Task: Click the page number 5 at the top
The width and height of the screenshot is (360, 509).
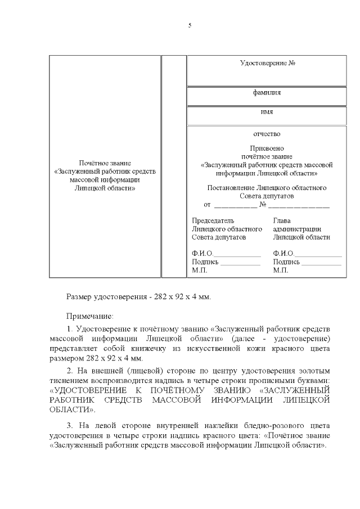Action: coord(190,26)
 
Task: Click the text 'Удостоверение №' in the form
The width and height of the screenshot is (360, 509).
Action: coord(267,62)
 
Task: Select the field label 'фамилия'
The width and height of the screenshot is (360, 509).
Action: coord(267,93)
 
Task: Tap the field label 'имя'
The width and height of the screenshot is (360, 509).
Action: coord(267,112)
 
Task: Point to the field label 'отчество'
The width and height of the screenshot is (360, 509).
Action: coord(267,134)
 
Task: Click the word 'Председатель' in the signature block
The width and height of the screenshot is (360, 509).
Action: coord(213,221)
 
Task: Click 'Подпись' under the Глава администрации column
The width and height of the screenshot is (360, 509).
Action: coord(286,262)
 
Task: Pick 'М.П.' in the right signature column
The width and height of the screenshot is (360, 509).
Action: coord(280,271)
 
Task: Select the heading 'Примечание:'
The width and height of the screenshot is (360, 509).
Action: coord(90,317)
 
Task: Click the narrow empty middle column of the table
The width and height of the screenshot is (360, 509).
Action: coord(170,166)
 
